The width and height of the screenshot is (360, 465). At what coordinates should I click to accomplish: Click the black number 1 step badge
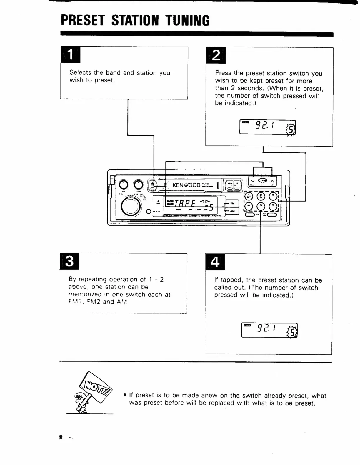(70, 55)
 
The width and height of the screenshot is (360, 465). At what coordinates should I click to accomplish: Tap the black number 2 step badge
(216, 55)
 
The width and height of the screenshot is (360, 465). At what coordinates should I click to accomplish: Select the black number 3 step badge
(69, 261)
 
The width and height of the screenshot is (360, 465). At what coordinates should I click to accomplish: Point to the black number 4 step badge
(215, 262)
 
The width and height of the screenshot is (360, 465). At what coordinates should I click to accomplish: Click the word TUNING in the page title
(187, 21)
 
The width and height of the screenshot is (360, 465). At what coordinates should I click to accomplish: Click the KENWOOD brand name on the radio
(186, 185)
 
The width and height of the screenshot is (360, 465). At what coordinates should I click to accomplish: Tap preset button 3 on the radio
(273, 196)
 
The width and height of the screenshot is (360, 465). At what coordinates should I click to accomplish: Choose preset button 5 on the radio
(261, 206)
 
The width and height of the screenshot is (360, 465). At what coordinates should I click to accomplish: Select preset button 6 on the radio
(273, 206)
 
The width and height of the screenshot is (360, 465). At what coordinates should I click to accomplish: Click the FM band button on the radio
(232, 203)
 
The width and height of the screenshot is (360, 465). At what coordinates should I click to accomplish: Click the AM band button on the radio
(232, 211)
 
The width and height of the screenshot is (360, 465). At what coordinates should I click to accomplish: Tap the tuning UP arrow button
(272, 181)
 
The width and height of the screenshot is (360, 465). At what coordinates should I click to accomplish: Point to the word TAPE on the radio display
(185, 203)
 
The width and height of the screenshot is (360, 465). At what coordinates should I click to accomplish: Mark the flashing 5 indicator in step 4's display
(292, 333)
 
